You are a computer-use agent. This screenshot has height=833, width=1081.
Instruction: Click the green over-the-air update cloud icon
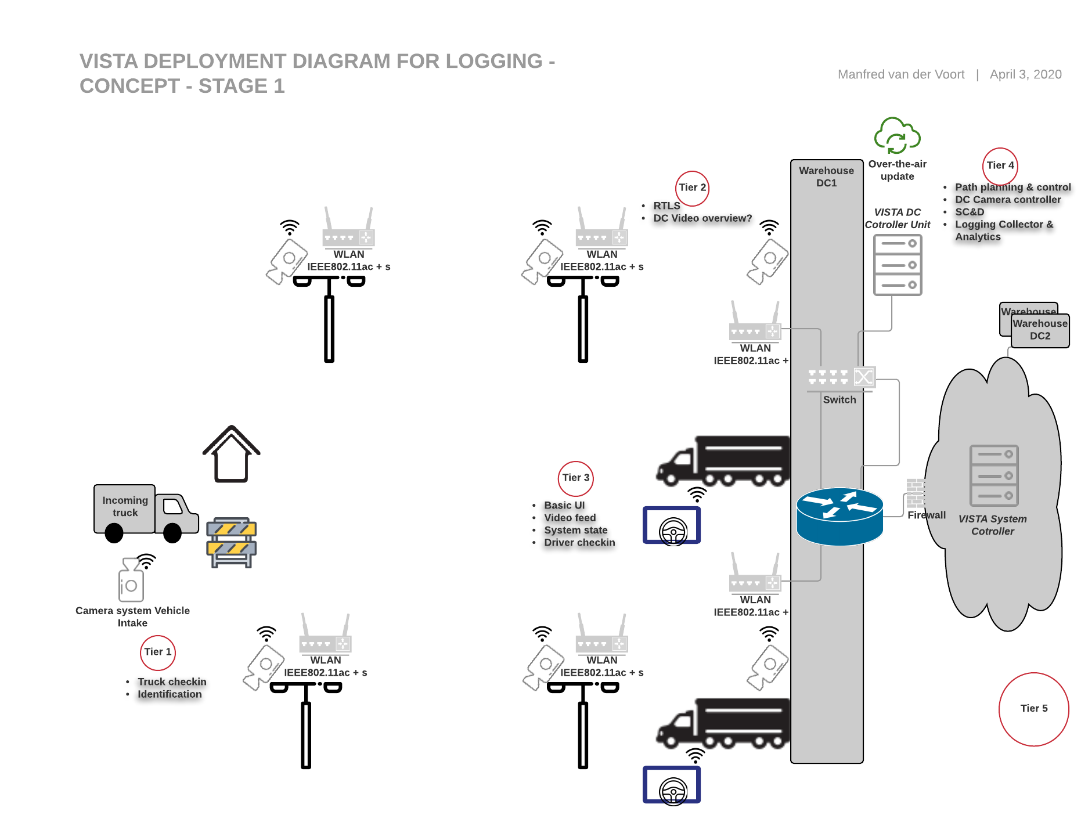[x=897, y=136]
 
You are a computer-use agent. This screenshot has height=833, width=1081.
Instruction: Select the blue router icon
[x=839, y=516]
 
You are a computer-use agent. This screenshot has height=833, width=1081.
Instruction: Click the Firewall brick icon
[x=916, y=493]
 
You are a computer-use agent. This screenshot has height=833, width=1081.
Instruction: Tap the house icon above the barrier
[x=232, y=454]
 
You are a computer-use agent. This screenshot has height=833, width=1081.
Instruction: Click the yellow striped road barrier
[x=231, y=542]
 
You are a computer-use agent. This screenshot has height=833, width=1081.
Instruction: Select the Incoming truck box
[x=125, y=509]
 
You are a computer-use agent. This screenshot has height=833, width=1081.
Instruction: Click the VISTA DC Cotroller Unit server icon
[x=898, y=265]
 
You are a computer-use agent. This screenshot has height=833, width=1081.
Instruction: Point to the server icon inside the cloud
[x=994, y=475]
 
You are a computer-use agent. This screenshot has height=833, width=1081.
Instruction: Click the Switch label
[x=839, y=400]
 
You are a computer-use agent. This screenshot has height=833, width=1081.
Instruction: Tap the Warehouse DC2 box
[x=1040, y=330]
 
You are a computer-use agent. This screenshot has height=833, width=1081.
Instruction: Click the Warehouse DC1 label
[x=827, y=177]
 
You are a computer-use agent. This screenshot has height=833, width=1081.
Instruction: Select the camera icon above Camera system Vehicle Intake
[x=131, y=580]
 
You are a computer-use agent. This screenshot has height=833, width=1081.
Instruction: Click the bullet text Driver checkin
[x=579, y=543]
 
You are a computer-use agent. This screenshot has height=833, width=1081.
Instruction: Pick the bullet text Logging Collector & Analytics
[x=1004, y=230]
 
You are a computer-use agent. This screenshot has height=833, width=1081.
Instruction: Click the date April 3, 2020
[x=1026, y=75]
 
